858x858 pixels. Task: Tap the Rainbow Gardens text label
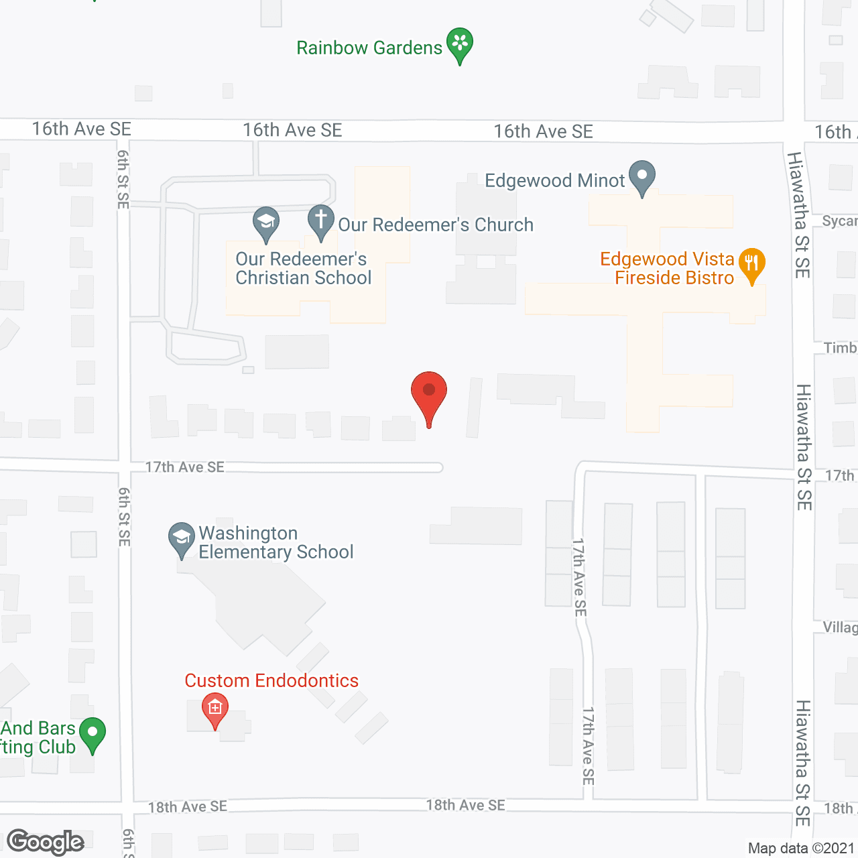click(x=369, y=48)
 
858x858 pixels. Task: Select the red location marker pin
click(x=429, y=395)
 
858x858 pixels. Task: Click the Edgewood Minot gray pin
click(x=642, y=177)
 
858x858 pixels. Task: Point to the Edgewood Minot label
click(x=554, y=181)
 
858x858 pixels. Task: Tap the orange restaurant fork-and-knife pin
click(x=752, y=264)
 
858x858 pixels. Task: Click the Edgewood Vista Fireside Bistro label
click(x=667, y=268)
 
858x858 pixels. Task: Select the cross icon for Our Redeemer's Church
click(x=321, y=221)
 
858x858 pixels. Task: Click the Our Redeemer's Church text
click(x=436, y=225)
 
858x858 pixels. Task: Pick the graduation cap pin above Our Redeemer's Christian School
click(x=266, y=223)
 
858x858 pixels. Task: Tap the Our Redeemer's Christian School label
click(x=303, y=268)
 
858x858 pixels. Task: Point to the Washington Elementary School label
click(x=275, y=542)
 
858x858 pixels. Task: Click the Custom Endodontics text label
click(x=271, y=681)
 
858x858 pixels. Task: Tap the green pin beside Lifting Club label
click(x=93, y=734)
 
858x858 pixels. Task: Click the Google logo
click(x=46, y=842)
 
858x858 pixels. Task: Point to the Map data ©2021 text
click(x=801, y=849)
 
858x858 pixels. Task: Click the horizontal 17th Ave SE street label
click(x=185, y=467)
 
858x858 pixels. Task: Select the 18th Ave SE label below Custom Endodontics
click(x=188, y=807)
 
